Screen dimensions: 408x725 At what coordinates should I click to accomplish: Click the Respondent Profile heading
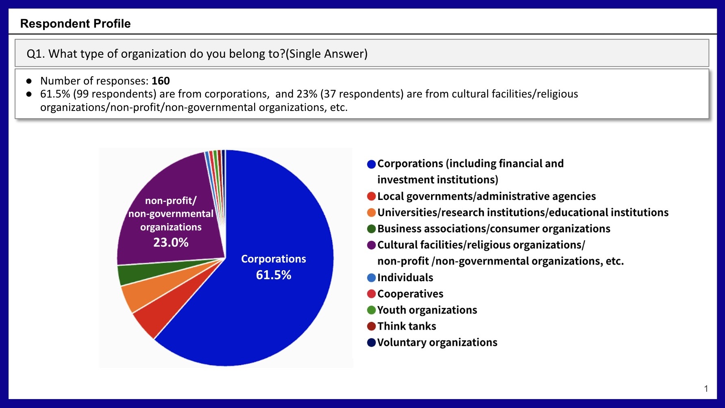point(75,24)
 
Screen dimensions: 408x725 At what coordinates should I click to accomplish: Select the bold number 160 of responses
point(161,81)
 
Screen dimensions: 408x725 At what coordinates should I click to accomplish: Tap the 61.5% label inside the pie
point(273,275)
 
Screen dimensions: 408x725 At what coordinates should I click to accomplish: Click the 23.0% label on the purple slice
point(171,243)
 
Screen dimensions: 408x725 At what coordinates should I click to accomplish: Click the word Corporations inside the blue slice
point(273,259)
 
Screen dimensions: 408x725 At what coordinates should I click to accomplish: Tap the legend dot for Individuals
point(371,278)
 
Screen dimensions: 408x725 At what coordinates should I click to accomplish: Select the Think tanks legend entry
point(406,326)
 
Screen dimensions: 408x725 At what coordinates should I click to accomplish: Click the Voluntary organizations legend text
point(437,343)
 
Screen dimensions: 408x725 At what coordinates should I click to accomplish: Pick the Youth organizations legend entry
point(427,310)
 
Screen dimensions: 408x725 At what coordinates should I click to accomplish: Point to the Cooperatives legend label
point(410,294)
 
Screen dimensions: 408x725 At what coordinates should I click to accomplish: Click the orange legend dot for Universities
point(371,213)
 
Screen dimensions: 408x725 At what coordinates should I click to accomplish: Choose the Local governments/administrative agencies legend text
point(486,196)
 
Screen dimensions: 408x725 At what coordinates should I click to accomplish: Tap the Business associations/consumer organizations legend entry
point(494,229)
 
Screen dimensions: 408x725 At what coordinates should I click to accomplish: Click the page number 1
point(706,389)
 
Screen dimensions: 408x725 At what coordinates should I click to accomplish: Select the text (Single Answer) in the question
point(327,54)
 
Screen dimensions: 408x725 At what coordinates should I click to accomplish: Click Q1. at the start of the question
point(36,54)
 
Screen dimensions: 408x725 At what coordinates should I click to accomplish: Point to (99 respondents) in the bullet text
point(115,94)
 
